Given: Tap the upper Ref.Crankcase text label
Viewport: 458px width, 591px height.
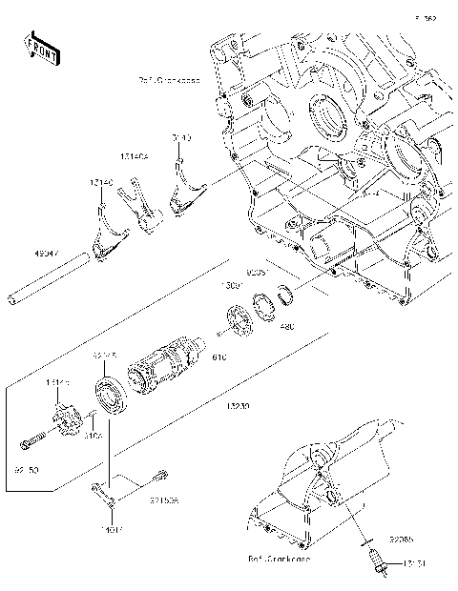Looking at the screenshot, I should coord(168,80).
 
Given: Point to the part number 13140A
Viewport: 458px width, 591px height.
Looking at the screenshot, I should coord(134,156).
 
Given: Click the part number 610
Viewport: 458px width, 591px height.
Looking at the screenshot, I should coord(219,357).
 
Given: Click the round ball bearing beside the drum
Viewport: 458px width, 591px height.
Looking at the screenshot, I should coord(111,398).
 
